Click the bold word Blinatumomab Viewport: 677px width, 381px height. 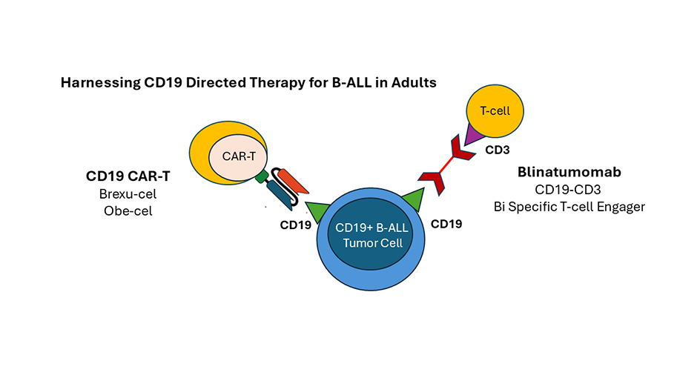coord(569,173)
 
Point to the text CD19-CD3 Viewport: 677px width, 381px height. coord(569,190)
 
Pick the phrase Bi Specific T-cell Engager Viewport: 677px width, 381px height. coord(569,206)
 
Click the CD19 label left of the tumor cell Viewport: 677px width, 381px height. coord(295,226)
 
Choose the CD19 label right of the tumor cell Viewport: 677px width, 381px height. coord(446,223)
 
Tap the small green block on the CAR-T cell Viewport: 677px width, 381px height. coord(261,178)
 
